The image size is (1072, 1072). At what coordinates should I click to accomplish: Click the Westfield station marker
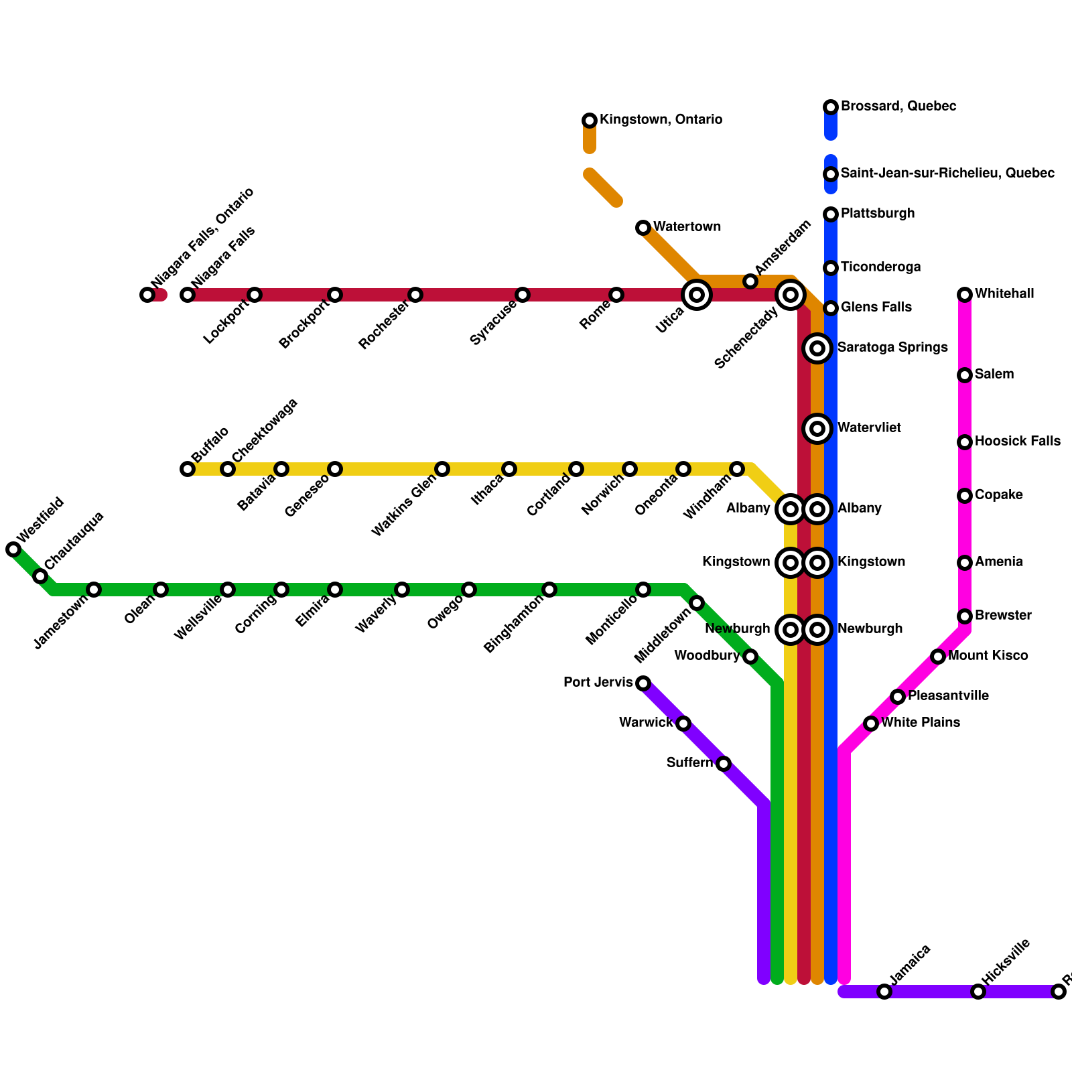pyautogui.click(x=13, y=549)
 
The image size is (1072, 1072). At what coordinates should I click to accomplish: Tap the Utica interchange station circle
pyautogui.click(x=697, y=295)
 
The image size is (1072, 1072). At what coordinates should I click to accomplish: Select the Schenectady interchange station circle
pyautogui.click(x=791, y=295)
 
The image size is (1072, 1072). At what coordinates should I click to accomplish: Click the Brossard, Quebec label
pyautogui.click(x=898, y=107)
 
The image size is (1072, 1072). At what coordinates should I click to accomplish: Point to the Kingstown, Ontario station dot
pyautogui.click(x=590, y=121)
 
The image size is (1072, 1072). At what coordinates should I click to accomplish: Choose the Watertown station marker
pyautogui.click(x=643, y=228)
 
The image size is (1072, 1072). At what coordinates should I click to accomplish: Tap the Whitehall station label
pyautogui.click(x=1004, y=294)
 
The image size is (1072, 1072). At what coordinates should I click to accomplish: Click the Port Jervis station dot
pyautogui.click(x=643, y=683)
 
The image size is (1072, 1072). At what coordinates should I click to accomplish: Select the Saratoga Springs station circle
pyautogui.click(x=817, y=348)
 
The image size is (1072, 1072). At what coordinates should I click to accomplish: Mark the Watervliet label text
pyautogui.click(x=869, y=428)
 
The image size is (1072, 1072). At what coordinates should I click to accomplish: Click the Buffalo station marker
pyautogui.click(x=188, y=469)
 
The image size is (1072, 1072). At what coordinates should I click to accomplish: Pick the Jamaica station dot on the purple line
pyautogui.click(x=884, y=992)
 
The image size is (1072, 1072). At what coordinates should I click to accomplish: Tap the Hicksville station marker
pyautogui.click(x=978, y=992)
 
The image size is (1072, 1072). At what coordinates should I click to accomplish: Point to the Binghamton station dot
pyautogui.click(x=549, y=590)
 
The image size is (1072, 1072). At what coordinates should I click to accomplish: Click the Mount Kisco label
pyautogui.click(x=988, y=656)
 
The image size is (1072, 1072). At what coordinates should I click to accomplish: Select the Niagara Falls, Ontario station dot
pyautogui.click(x=147, y=295)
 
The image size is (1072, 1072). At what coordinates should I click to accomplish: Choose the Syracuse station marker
pyautogui.click(x=523, y=295)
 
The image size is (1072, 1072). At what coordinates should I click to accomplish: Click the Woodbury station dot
pyautogui.click(x=750, y=657)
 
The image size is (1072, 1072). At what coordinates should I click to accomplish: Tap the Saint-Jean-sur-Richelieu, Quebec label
pyautogui.click(x=947, y=174)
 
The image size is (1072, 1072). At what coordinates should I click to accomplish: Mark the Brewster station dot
pyautogui.click(x=965, y=616)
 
